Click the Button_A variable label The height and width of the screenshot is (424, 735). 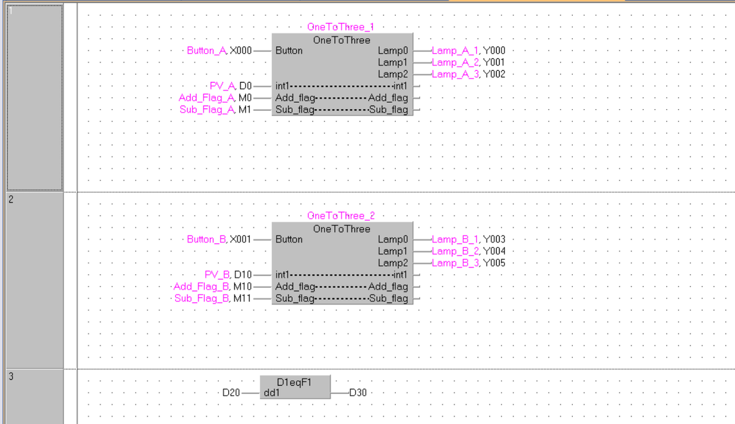tap(207, 51)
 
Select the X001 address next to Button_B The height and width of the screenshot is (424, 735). tap(240, 239)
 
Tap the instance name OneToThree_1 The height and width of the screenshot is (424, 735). tap(341, 27)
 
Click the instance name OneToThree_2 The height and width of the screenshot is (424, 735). tap(341, 216)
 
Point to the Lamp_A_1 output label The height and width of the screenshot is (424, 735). tap(455, 51)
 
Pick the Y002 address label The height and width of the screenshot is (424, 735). tap(495, 74)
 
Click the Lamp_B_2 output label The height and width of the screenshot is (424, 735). tap(456, 251)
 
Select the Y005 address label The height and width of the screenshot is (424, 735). tap(495, 263)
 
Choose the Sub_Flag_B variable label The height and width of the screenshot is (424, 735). tap(202, 298)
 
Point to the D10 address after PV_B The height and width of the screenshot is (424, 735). tap(243, 274)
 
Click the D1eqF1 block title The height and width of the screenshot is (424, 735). tap(295, 382)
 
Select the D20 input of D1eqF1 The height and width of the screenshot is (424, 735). tap(231, 393)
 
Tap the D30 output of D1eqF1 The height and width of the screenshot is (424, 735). tap(358, 393)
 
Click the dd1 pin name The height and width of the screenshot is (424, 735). tap(271, 393)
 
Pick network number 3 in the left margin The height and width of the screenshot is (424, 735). tap(11, 376)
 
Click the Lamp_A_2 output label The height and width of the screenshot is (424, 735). tap(456, 62)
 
